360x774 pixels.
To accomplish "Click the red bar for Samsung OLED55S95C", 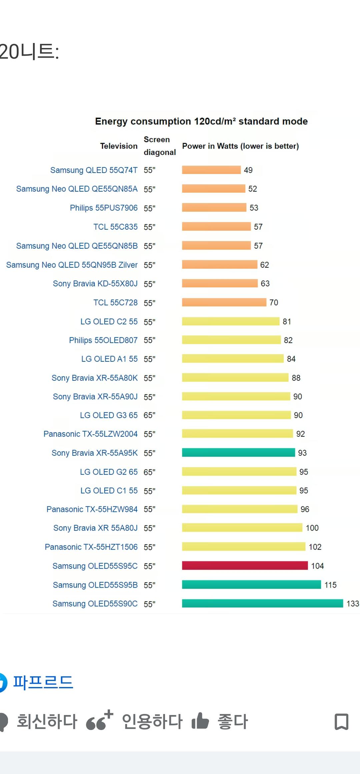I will [245, 565].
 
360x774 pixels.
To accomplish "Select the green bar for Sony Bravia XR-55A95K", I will [238, 452].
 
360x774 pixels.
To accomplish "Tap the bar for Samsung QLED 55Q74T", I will [211, 170].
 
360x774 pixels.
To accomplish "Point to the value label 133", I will [352, 603].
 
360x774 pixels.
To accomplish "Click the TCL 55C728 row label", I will [115, 302].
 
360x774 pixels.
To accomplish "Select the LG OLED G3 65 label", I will [109, 415].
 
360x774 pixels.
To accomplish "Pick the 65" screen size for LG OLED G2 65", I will [149, 472].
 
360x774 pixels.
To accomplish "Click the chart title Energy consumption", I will [201, 121].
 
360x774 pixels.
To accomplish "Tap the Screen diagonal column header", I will [159, 146].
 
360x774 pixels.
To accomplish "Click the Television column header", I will [119, 146].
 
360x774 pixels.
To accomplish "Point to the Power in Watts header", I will [240, 146].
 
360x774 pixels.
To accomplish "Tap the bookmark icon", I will [341, 722].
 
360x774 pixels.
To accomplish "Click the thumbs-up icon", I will [200, 721].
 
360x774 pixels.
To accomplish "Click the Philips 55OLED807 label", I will [103, 340].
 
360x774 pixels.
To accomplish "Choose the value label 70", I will [274, 302].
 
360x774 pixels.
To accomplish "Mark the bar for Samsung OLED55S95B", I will [251, 584].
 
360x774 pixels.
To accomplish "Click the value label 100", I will [312, 528].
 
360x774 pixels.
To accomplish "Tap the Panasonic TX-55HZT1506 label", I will [91, 547].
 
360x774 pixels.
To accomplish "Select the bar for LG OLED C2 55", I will [230, 321].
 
